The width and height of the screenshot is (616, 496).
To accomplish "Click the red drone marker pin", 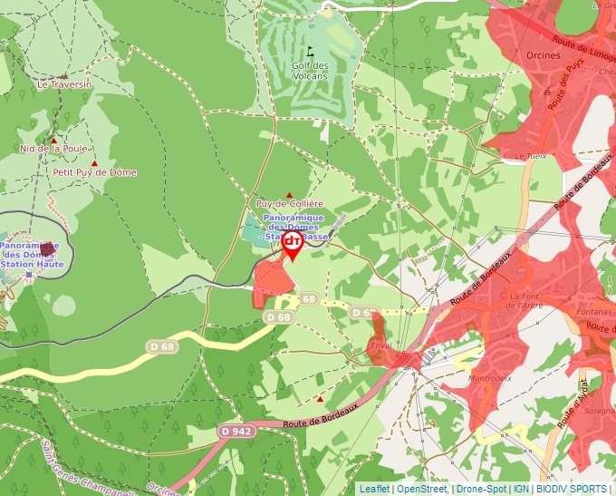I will coord(293,244).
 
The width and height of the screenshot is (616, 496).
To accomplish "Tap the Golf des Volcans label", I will coord(310,71).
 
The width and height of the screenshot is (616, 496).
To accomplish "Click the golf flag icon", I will coord(310,52).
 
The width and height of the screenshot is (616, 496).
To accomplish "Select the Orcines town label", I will coord(543,54).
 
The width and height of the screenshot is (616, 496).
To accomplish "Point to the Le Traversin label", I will coord(64,84).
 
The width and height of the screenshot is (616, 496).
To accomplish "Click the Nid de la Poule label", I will coord(53,149).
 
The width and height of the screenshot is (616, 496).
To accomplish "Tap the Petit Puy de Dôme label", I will coord(94,172).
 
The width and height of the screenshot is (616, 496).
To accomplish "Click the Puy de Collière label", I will coord(289,204).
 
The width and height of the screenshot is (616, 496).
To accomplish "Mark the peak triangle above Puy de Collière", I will coord(289,194).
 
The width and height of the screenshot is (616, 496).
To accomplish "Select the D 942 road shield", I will coord(236,431).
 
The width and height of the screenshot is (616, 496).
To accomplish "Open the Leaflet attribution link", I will coord(374,489).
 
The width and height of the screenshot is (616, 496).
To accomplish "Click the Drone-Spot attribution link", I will coord(481,489).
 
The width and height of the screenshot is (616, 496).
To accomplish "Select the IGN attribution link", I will coord(521,489).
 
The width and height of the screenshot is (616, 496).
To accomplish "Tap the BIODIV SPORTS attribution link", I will coord(572,489).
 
